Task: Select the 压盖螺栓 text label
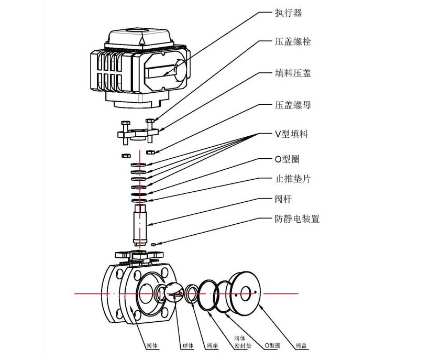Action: [x=293, y=41]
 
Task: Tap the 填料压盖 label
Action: [x=293, y=73]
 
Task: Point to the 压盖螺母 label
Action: [x=293, y=105]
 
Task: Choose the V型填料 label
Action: [x=291, y=134]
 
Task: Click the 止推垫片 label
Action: [x=293, y=179]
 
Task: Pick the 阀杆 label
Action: [x=283, y=199]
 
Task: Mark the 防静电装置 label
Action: [x=297, y=219]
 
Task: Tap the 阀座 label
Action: [x=212, y=346]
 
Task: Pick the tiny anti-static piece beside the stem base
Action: [x=153, y=244]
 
